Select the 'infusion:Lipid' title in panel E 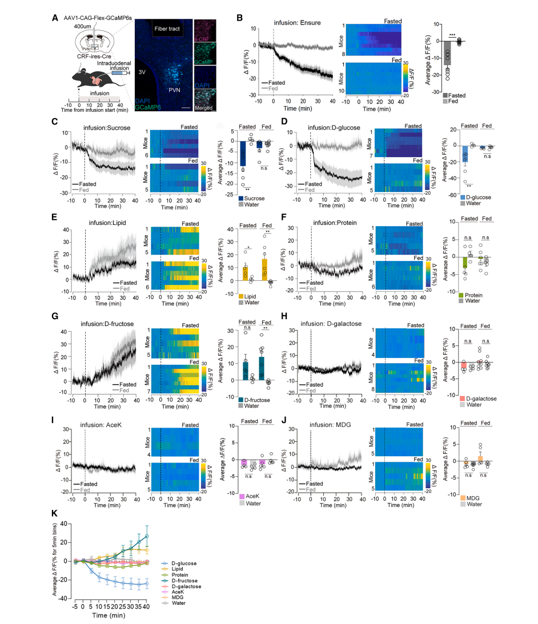(102, 217)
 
